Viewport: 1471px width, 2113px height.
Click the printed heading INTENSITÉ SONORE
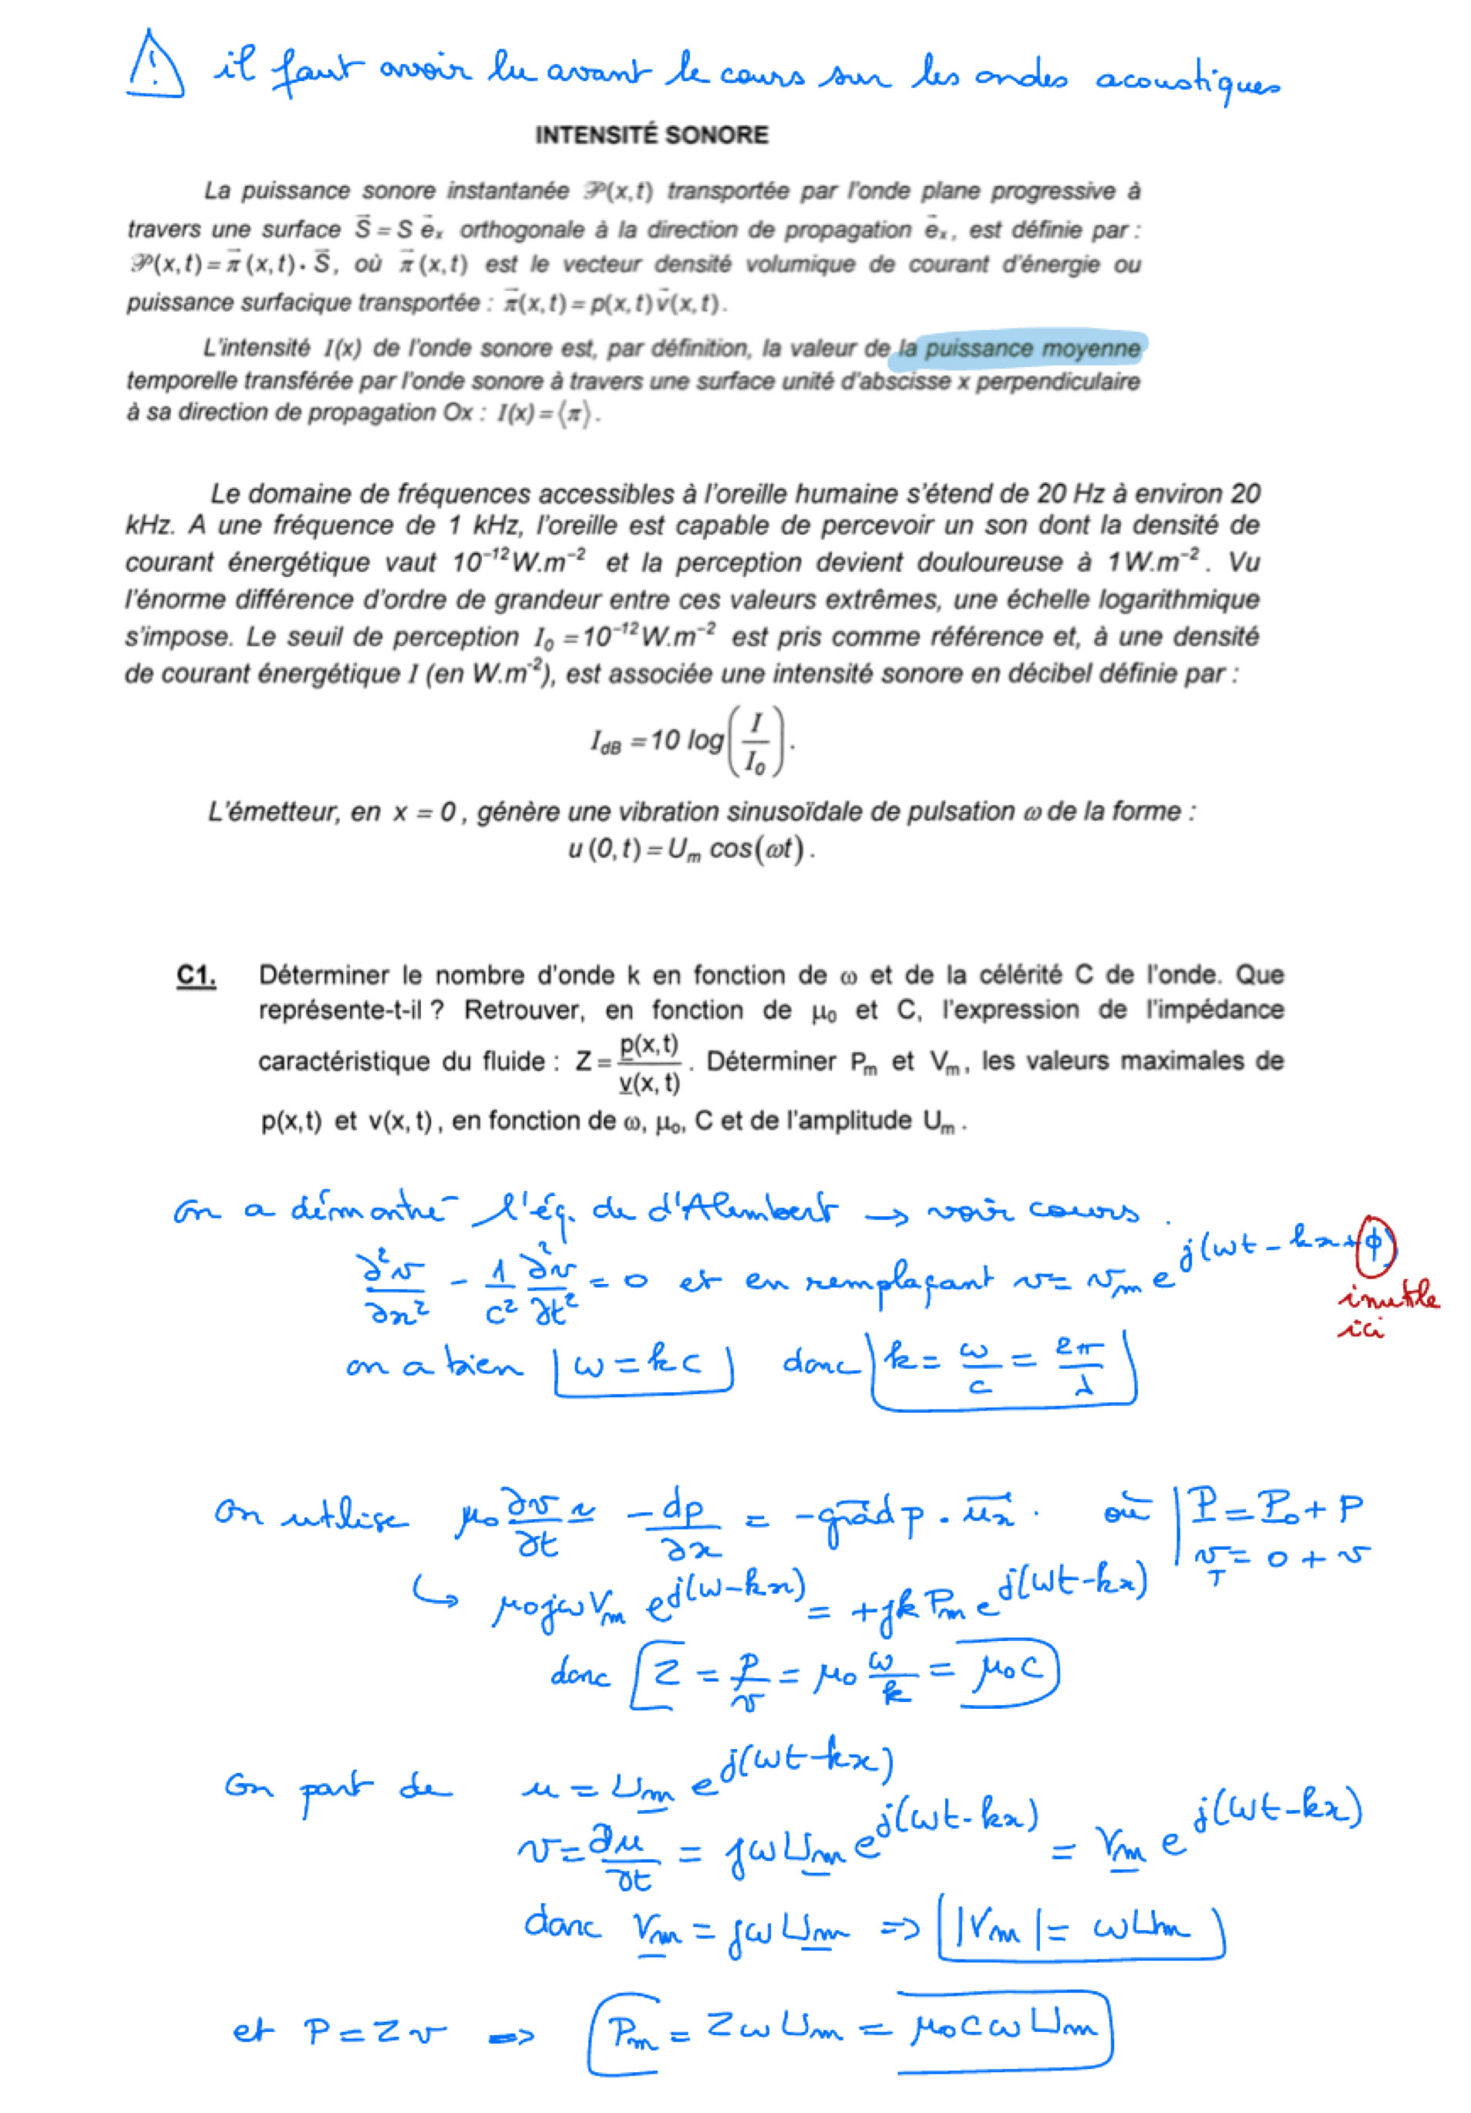(x=651, y=135)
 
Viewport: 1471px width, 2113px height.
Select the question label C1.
(x=196, y=976)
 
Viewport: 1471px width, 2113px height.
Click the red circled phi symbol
(x=1375, y=1244)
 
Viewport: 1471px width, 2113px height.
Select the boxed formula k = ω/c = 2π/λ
(x=1003, y=1366)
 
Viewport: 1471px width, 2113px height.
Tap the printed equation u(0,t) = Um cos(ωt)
(x=691, y=848)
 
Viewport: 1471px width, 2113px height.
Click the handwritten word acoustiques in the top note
(x=1186, y=81)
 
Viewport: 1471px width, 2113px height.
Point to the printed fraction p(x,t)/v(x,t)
(x=648, y=1063)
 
